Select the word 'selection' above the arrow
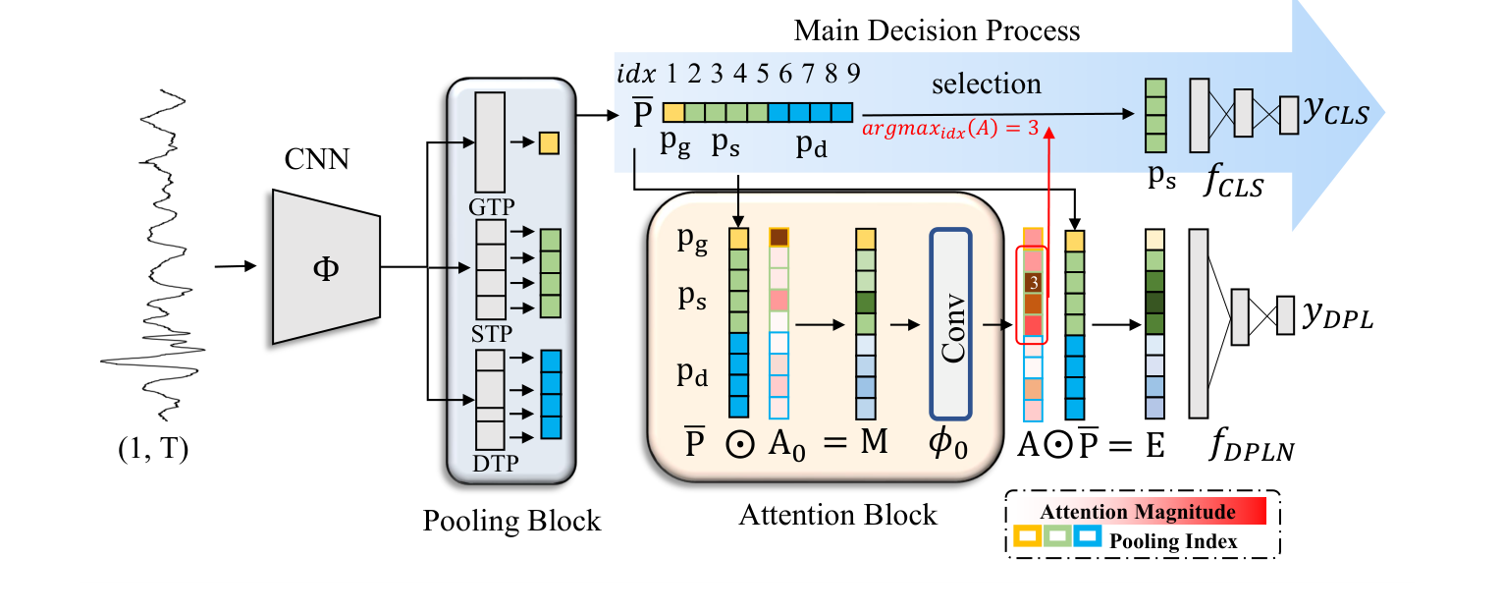click(986, 84)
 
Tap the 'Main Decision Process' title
click(937, 30)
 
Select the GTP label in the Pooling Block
click(491, 207)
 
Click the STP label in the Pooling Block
click(491, 335)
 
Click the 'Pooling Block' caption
click(511, 520)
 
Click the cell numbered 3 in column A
click(1033, 282)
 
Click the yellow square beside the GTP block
click(549, 143)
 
